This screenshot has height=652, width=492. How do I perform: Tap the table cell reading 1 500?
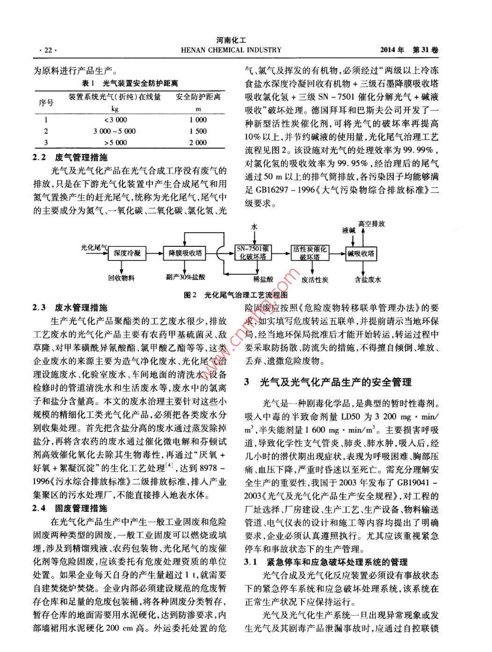[198, 131]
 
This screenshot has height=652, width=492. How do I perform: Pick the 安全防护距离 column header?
[198, 97]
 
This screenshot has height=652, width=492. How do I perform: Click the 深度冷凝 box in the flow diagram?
[127, 253]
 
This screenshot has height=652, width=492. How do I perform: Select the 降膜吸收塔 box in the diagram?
[186, 253]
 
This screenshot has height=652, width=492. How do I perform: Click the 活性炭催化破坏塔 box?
[310, 253]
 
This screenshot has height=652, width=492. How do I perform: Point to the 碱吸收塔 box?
[361, 254]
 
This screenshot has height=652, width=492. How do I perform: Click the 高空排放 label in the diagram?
[371, 224]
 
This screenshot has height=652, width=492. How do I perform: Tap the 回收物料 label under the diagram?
[121, 278]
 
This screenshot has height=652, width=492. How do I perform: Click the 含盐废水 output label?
[368, 279]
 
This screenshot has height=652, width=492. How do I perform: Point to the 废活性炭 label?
[315, 279]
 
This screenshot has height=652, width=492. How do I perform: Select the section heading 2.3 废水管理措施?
[70, 308]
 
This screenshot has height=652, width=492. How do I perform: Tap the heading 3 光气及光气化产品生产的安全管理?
[327, 382]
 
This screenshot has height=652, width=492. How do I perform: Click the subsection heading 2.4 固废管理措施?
[70, 508]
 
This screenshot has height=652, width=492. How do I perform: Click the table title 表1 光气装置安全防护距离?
[130, 84]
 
